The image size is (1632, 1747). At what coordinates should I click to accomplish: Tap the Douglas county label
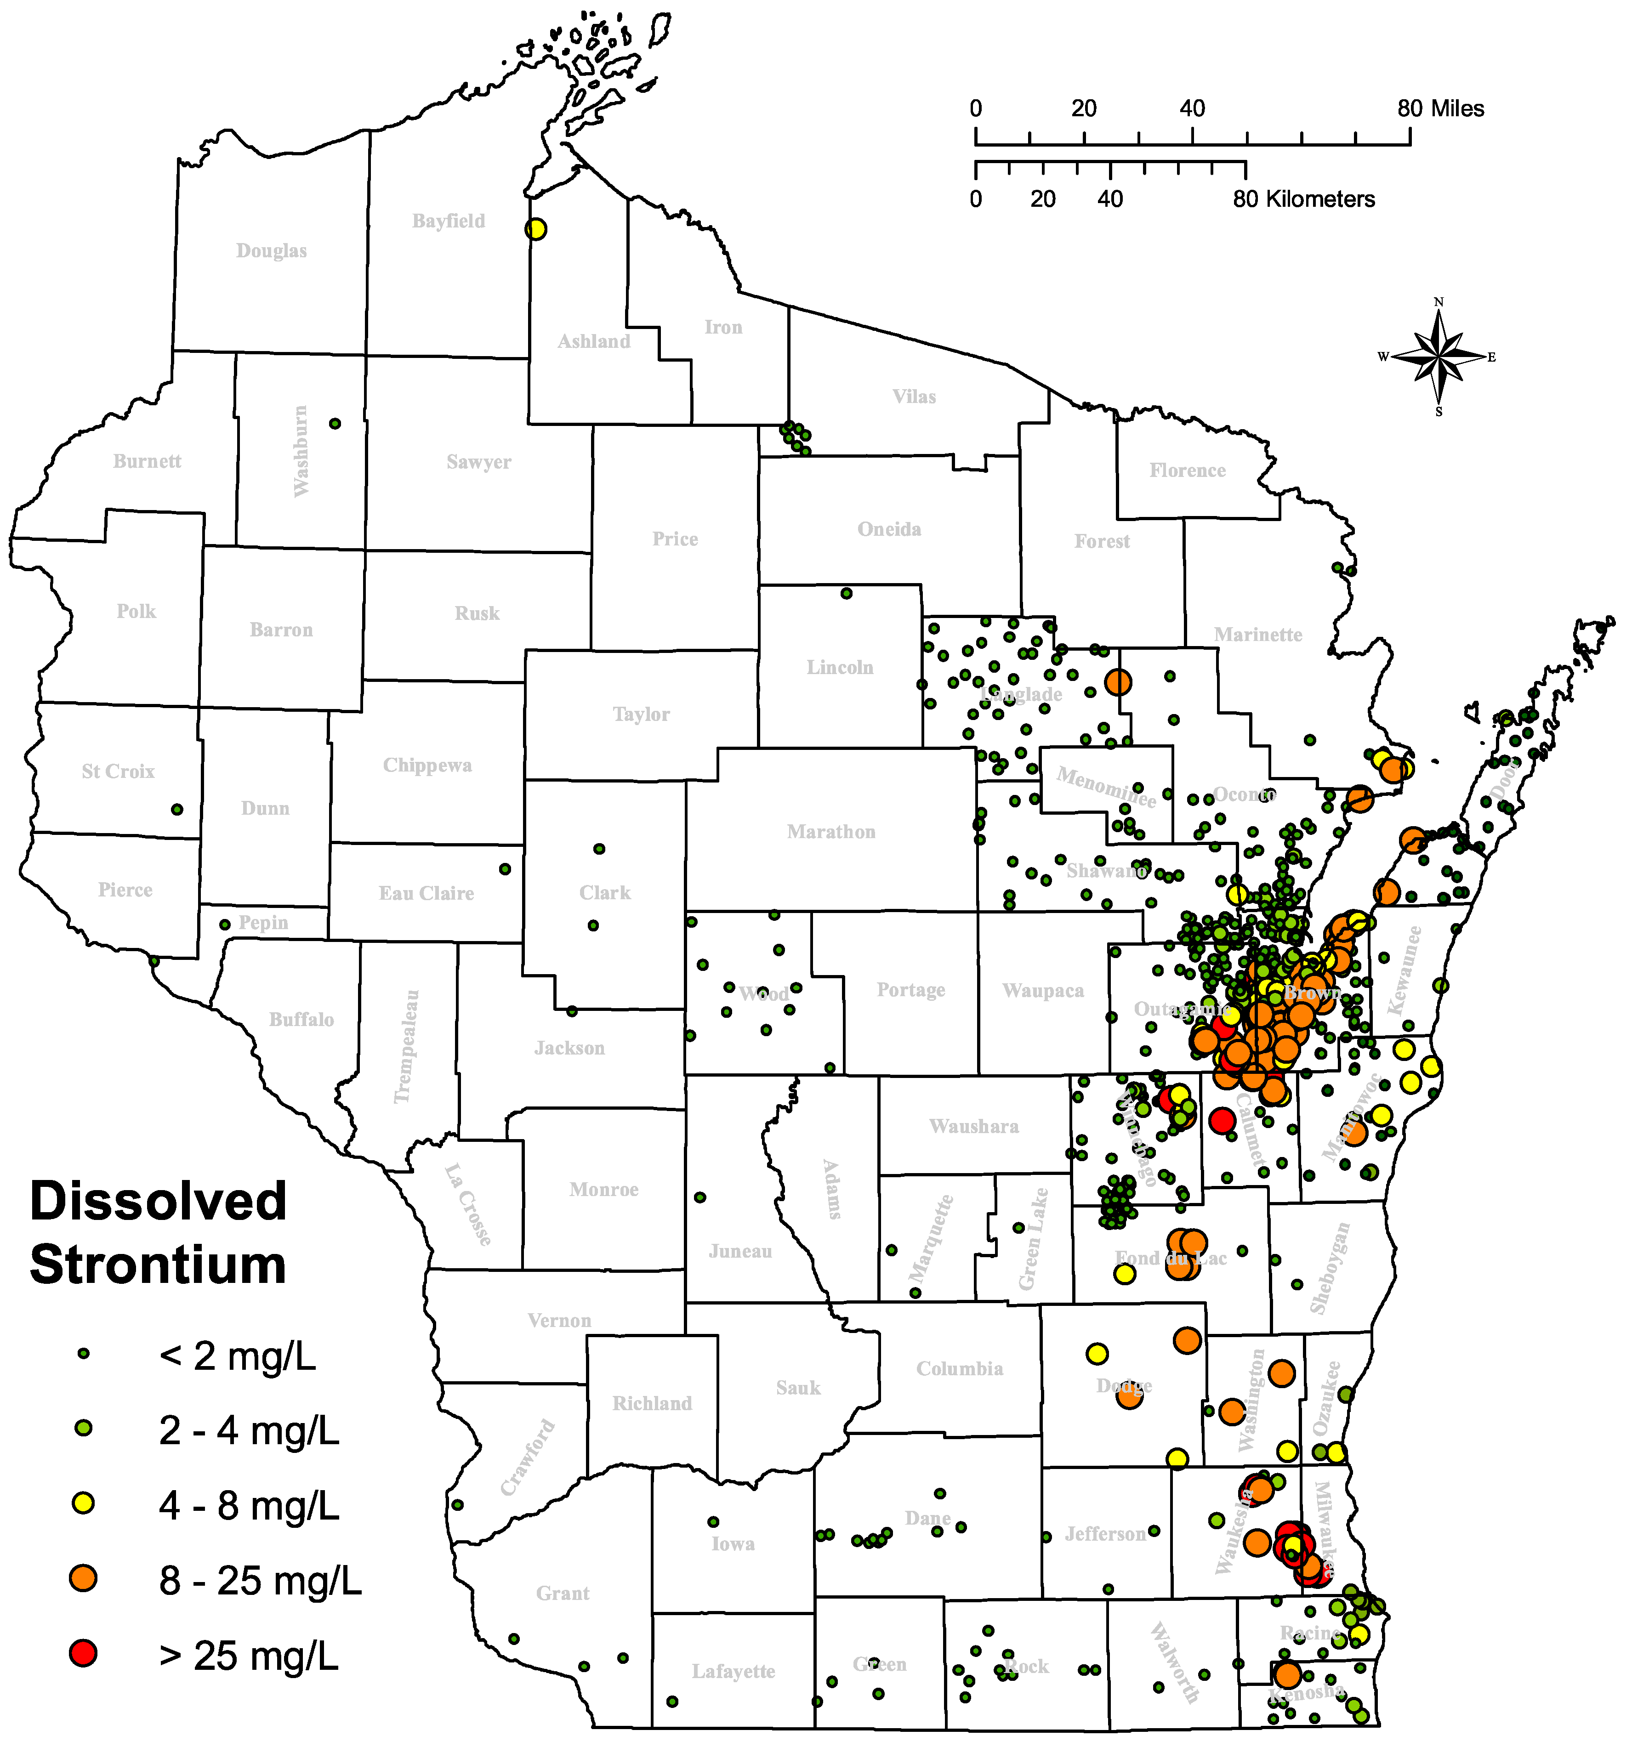click(272, 251)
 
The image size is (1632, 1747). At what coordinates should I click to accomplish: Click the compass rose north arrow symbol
click(1439, 357)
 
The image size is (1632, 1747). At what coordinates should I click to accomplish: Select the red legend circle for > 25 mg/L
click(84, 1653)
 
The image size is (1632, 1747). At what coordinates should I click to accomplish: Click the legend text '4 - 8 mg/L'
click(249, 1505)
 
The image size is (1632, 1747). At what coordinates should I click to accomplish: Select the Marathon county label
click(830, 831)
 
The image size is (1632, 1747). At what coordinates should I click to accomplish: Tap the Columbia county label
click(959, 1368)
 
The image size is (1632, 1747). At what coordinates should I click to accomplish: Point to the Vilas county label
click(914, 397)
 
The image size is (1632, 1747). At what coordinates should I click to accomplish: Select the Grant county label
click(563, 1593)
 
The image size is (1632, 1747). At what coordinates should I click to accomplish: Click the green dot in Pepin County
click(225, 925)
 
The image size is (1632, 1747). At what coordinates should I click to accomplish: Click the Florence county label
click(1187, 471)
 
